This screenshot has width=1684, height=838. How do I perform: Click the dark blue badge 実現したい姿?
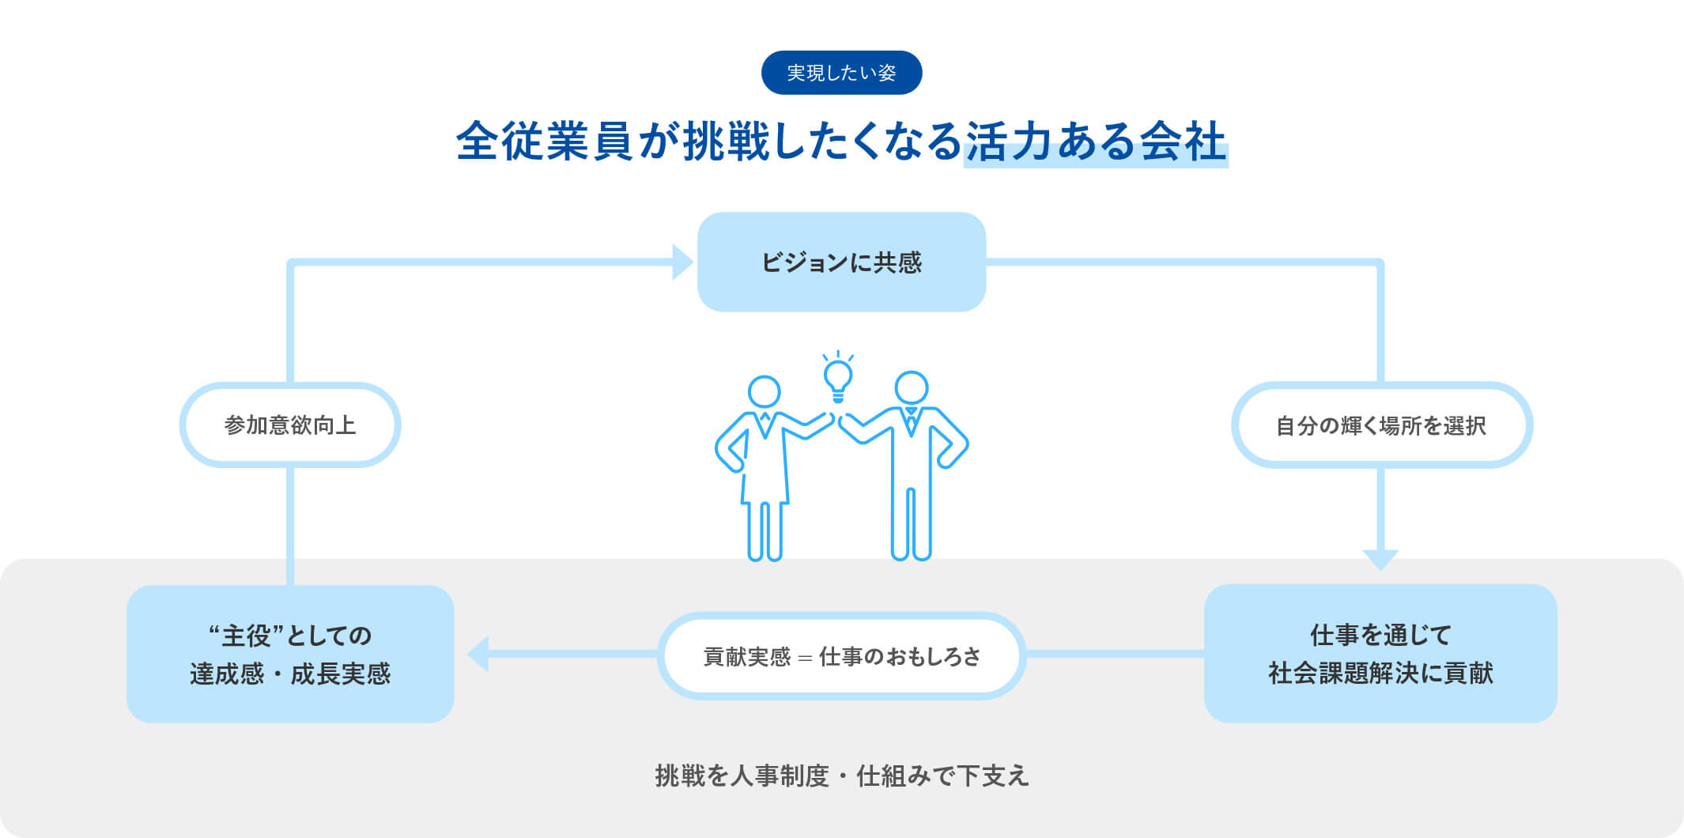[841, 73]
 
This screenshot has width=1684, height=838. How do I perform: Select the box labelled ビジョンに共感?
[841, 262]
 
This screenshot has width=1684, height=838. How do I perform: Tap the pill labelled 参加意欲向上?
[290, 425]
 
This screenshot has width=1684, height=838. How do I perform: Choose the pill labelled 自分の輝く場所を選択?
[1381, 425]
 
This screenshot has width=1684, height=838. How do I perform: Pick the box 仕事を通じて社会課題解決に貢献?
[1380, 653]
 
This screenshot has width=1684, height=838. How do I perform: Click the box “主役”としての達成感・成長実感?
[290, 654]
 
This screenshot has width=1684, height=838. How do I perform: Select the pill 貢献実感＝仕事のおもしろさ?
[841, 655]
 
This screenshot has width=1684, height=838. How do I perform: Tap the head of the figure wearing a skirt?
[765, 392]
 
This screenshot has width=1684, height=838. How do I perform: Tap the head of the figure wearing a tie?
[912, 388]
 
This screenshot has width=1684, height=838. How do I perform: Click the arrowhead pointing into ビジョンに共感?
[682, 262]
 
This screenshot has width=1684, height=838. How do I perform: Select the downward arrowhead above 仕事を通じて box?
[1380, 560]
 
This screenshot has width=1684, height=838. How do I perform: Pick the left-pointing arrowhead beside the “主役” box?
[478, 654]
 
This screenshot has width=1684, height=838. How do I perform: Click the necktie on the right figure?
[911, 421]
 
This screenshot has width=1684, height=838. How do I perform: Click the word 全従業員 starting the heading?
[544, 142]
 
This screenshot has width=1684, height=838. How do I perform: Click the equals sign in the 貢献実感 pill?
[805, 657]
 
